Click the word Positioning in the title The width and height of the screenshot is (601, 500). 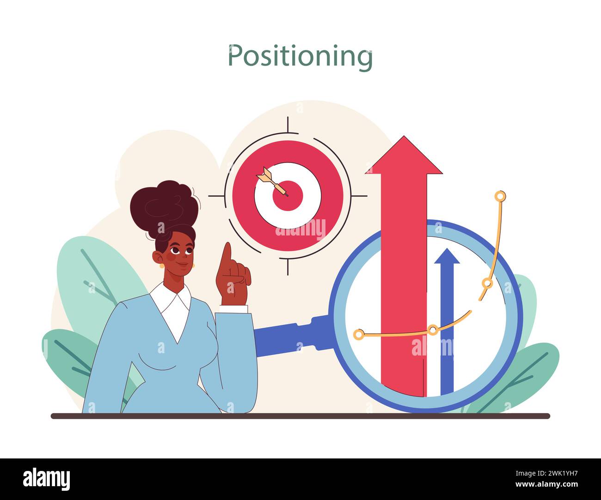(300, 56)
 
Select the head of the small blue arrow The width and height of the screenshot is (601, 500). (447, 256)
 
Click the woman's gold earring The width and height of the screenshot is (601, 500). (161, 265)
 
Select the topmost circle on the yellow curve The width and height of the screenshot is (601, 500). (500, 196)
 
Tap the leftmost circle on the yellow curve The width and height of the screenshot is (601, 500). (359, 334)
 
